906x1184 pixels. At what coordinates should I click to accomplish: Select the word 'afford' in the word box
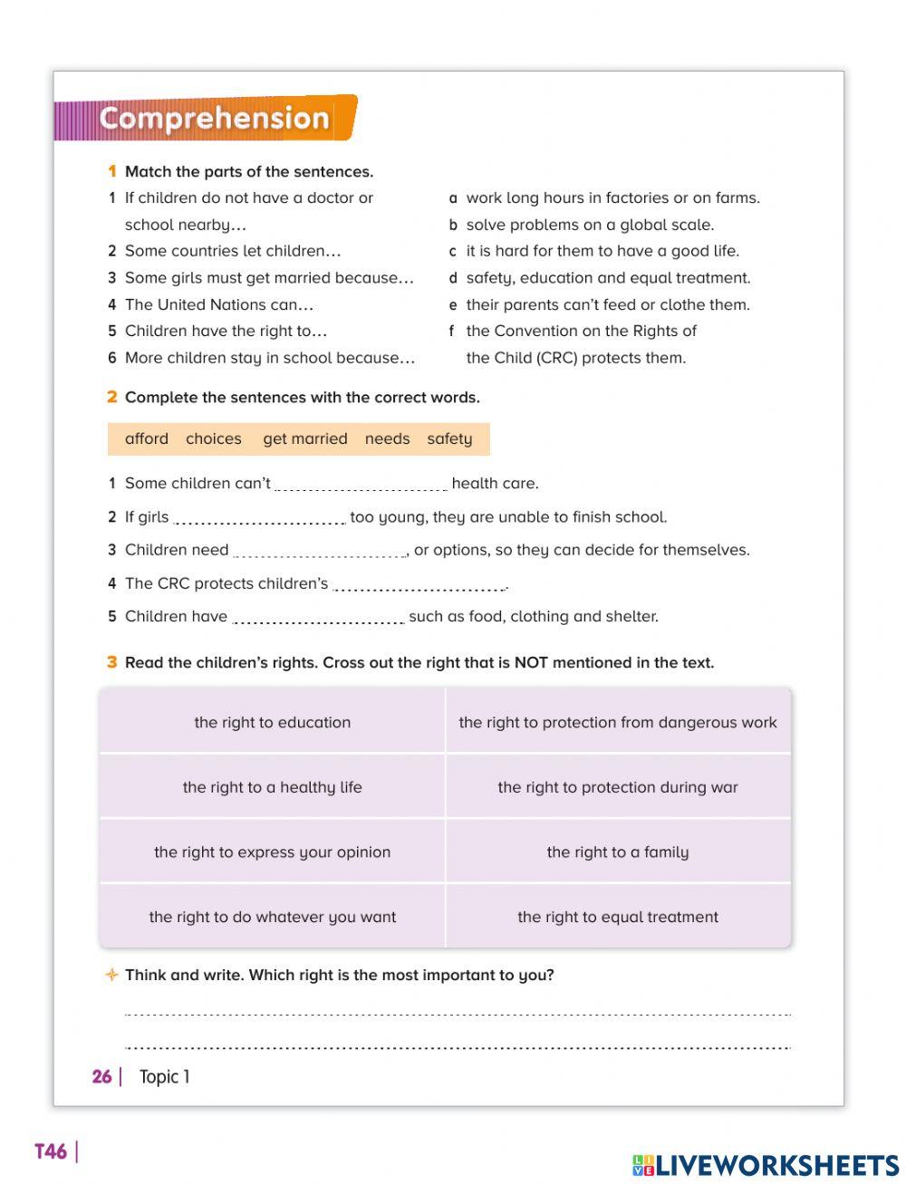[x=147, y=439]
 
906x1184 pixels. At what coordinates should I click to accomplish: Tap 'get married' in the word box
[x=304, y=439]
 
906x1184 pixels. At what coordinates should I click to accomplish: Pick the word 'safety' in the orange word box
[x=449, y=439]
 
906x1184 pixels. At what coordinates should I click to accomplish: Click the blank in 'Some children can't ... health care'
[x=361, y=484]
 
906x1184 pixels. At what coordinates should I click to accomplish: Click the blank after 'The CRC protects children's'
[x=419, y=584]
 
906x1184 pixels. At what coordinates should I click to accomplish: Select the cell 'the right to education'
[x=272, y=722]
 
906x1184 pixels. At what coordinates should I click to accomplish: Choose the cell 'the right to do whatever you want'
[x=272, y=917]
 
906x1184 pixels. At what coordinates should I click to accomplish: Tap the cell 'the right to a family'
[x=618, y=852]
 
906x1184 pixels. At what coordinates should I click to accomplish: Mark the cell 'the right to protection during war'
[x=618, y=787]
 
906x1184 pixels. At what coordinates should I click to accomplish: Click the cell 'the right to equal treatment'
[x=618, y=917]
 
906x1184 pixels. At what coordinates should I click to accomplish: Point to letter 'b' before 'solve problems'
[x=453, y=225]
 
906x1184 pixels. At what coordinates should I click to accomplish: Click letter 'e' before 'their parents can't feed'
[x=453, y=305]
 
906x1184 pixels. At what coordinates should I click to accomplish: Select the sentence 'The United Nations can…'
[x=218, y=305]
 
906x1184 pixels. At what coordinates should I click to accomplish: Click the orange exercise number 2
[x=111, y=397]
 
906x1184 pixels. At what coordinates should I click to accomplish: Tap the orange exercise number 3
[x=111, y=662]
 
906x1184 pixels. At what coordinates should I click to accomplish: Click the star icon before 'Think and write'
[x=111, y=975]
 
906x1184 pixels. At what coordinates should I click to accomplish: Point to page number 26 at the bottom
[x=101, y=1076]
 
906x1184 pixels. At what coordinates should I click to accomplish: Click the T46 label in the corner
[x=51, y=1151]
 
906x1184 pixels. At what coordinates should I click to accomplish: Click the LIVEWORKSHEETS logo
[x=766, y=1165]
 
